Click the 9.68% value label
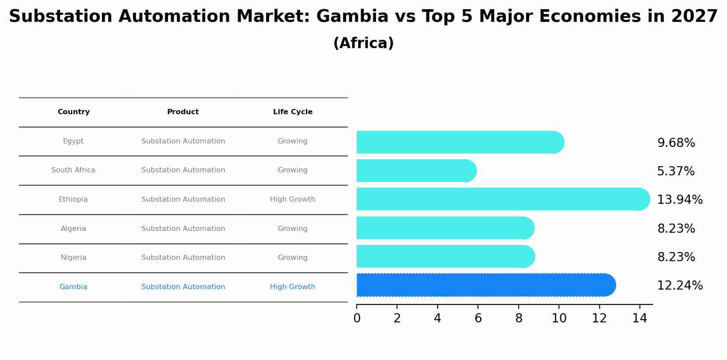(676, 143)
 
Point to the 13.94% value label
(679, 200)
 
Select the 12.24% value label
(679, 286)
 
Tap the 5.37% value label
(675, 171)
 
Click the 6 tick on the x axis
(478, 318)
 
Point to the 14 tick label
(639, 318)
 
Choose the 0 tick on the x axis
(357, 318)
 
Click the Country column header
(74, 112)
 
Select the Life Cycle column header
(292, 112)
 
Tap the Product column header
(183, 112)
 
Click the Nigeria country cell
(74, 258)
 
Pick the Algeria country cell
(74, 229)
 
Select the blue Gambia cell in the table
(74, 287)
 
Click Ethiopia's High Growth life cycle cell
(292, 199)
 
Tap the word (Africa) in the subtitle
(363, 43)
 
